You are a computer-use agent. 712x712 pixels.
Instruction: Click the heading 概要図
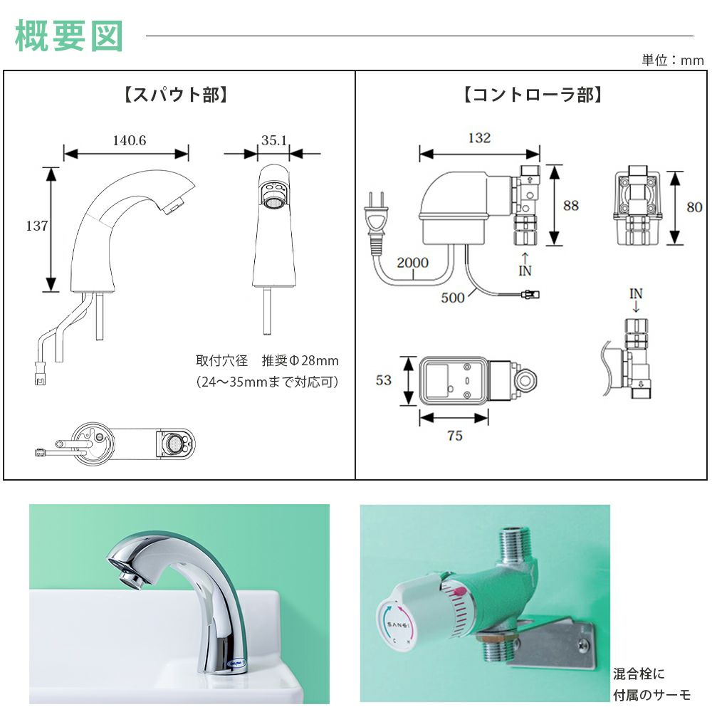coord(69,36)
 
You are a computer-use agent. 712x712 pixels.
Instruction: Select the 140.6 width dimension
coord(129,140)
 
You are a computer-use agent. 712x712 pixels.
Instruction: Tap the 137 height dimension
coord(36,226)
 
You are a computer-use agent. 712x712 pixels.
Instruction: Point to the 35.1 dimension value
coord(273,140)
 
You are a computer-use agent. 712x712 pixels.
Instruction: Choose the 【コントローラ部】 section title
coord(533,95)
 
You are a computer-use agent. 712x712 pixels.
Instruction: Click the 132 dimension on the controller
coord(479,138)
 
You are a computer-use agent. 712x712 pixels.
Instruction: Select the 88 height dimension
coord(571,206)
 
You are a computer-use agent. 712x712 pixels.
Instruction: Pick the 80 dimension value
coord(694,207)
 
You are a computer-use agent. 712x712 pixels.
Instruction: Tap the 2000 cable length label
coord(413,263)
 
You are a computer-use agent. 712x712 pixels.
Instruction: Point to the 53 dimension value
coord(384,380)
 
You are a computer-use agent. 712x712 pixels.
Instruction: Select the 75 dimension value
coord(454,436)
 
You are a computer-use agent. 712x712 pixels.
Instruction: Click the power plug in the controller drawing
coord(377,213)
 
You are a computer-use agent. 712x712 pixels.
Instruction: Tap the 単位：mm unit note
coord(672,61)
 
